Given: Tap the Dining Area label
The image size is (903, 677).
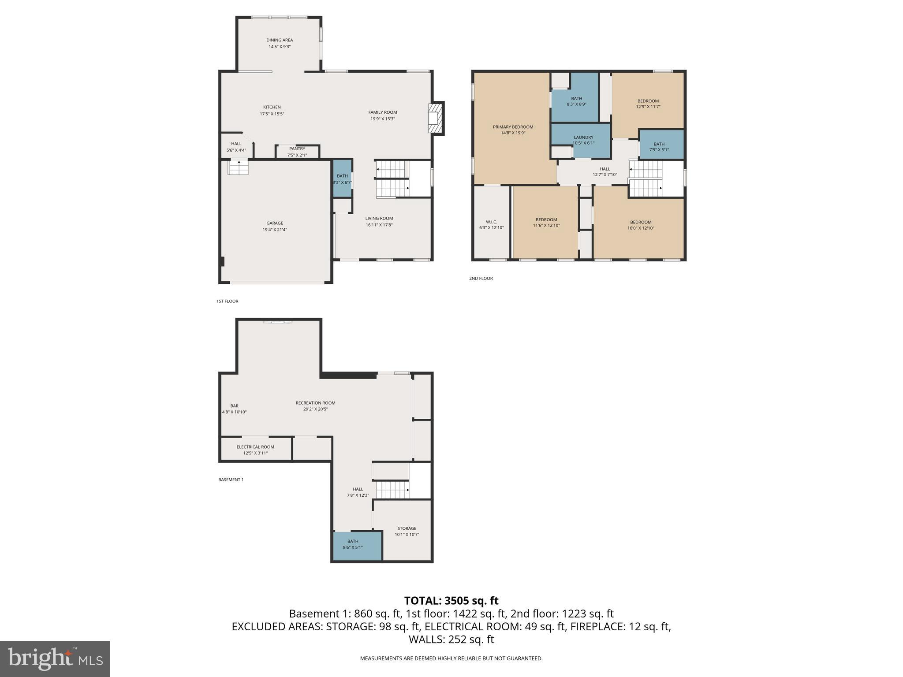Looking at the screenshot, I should click(280, 40).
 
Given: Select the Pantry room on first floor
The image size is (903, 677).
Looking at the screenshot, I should click(297, 152).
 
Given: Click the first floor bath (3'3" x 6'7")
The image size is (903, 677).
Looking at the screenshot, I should click(342, 179).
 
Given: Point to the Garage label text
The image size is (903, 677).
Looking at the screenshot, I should click(275, 223).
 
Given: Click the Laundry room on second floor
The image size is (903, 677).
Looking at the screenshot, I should click(583, 140).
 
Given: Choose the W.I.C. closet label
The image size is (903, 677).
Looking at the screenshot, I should click(491, 222).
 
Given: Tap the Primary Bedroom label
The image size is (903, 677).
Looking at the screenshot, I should click(513, 127).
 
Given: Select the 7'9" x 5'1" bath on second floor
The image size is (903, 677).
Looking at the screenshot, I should click(659, 146).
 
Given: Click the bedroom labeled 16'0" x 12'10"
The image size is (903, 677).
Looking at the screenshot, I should click(640, 225).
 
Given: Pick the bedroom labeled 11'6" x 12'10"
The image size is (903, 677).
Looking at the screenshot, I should click(546, 223).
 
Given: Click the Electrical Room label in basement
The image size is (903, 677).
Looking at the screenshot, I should click(255, 447).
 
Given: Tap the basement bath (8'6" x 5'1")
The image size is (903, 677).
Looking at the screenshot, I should click(353, 544).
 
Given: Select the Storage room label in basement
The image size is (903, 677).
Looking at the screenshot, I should click(407, 528).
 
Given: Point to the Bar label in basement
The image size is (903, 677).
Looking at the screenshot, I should click(234, 406).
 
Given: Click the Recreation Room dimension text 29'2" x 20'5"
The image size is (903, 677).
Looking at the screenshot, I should click(316, 409).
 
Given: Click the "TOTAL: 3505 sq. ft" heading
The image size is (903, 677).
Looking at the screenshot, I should click(451, 601).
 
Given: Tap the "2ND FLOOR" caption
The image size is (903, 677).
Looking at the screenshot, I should click(481, 279).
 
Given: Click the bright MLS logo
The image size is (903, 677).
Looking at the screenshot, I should click(55, 658).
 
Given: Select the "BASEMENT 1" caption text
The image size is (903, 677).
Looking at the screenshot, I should click(231, 480).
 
